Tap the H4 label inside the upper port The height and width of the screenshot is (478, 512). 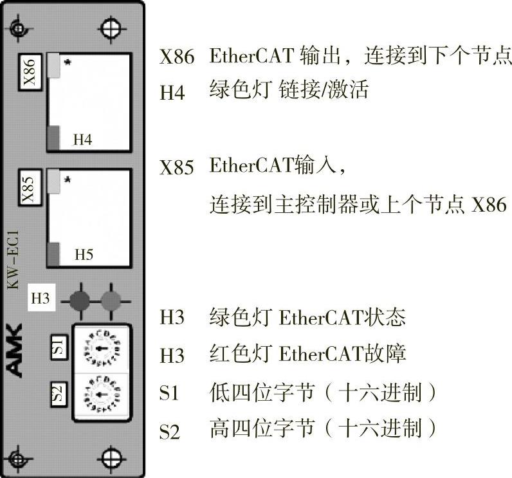[x=82, y=139]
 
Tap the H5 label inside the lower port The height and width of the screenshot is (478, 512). [x=84, y=254]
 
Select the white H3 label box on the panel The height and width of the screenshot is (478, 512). [x=41, y=299]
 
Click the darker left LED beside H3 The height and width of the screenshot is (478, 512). [x=80, y=299]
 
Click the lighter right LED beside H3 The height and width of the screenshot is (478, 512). [x=111, y=299]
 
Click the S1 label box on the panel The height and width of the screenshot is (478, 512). [x=59, y=348]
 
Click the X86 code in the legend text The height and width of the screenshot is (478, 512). [x=176, y=58]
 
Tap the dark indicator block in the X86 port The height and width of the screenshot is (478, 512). [x=53, y=137]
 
